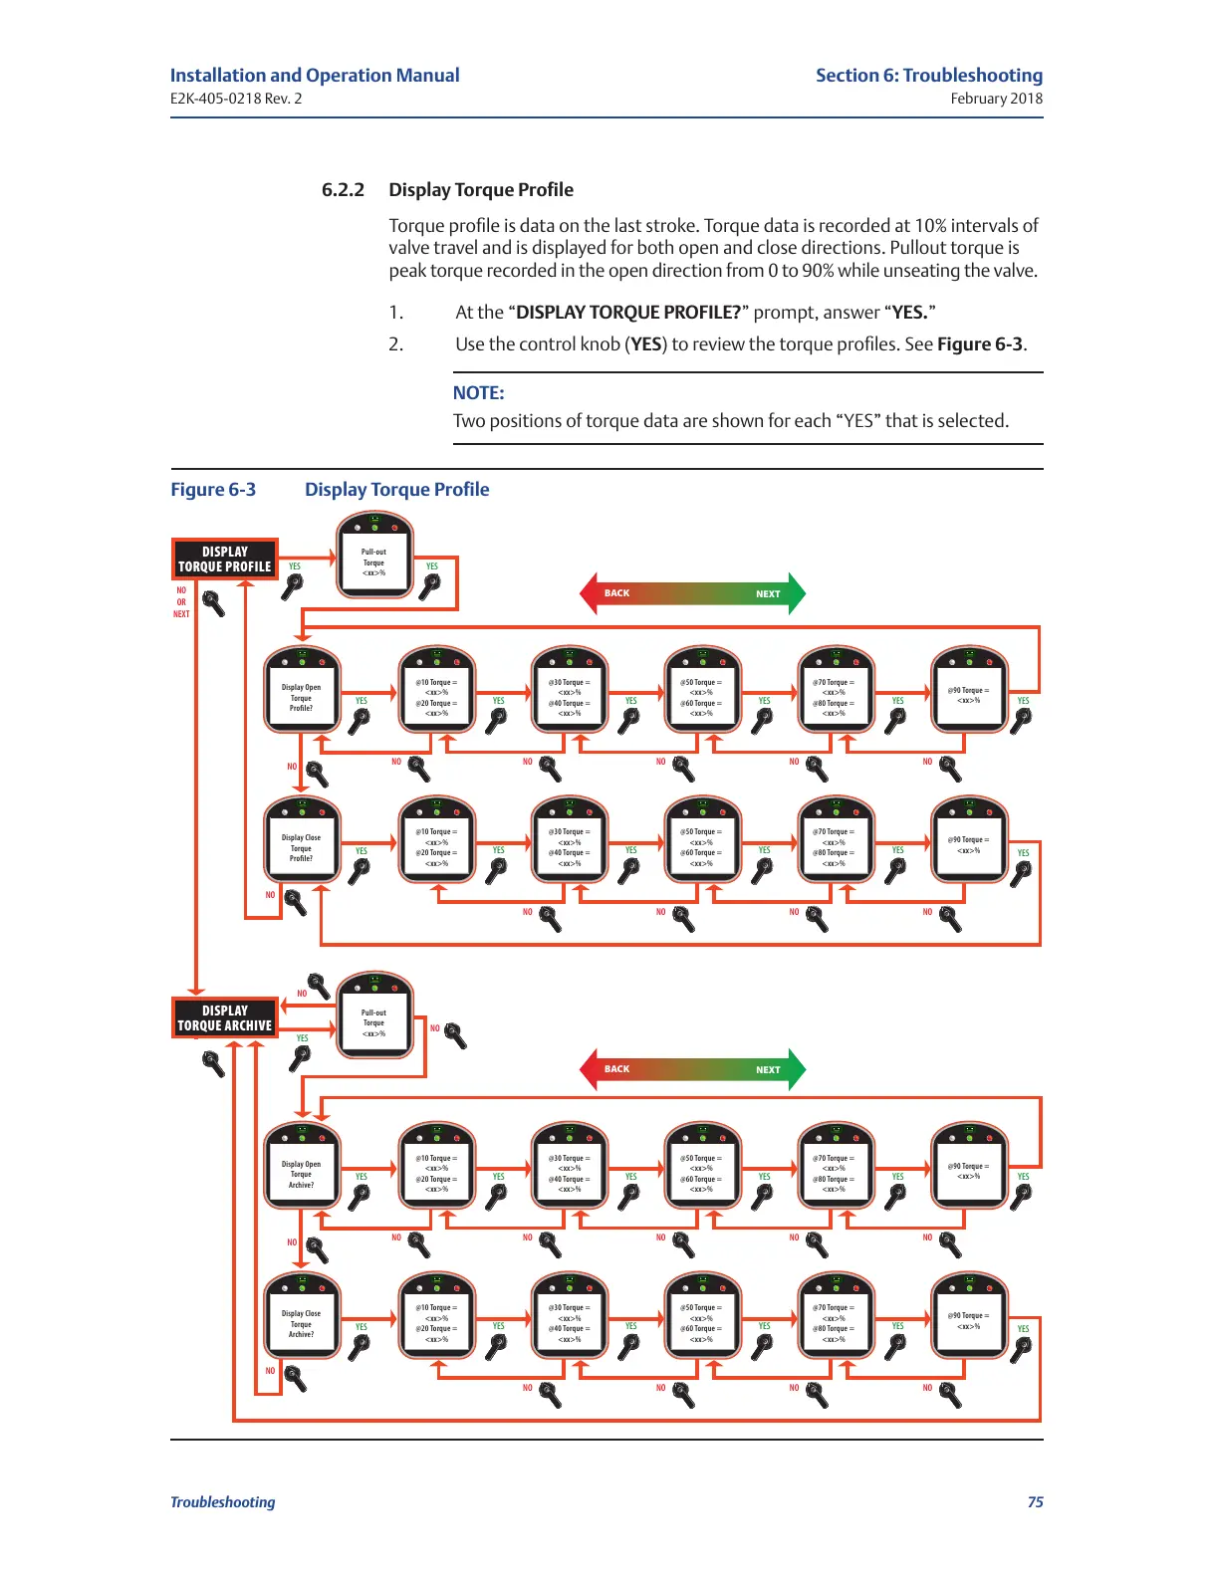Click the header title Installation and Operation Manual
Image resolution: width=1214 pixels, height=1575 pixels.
315,76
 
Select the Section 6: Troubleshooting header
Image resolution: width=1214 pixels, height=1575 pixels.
928,76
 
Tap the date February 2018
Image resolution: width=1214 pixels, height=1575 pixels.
996,99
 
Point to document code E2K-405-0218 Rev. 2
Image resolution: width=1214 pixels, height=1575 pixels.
236,99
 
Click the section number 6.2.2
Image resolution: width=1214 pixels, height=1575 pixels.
343,190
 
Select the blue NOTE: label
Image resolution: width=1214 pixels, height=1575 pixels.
478,393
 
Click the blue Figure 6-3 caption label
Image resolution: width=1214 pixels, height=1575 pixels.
213,490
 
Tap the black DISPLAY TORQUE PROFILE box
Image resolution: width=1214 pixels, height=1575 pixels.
225,560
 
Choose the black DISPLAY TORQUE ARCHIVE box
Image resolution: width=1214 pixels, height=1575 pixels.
225,1018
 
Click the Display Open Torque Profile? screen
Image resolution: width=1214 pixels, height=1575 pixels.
302,697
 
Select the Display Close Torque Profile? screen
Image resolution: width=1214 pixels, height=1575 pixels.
302,847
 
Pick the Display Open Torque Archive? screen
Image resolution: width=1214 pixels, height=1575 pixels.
302,1174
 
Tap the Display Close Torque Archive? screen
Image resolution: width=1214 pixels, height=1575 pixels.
302,1323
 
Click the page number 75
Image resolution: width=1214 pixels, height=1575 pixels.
1035,1502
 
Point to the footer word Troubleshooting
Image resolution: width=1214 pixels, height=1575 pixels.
222,1502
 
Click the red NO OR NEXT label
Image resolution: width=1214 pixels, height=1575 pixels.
181,602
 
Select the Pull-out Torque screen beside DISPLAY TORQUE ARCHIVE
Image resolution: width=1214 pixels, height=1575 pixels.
374,1022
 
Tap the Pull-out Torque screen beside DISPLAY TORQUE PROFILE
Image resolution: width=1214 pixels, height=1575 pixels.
374,562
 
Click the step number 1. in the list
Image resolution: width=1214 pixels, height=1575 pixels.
395,313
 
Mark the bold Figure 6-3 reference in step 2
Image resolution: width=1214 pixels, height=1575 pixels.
979,344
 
